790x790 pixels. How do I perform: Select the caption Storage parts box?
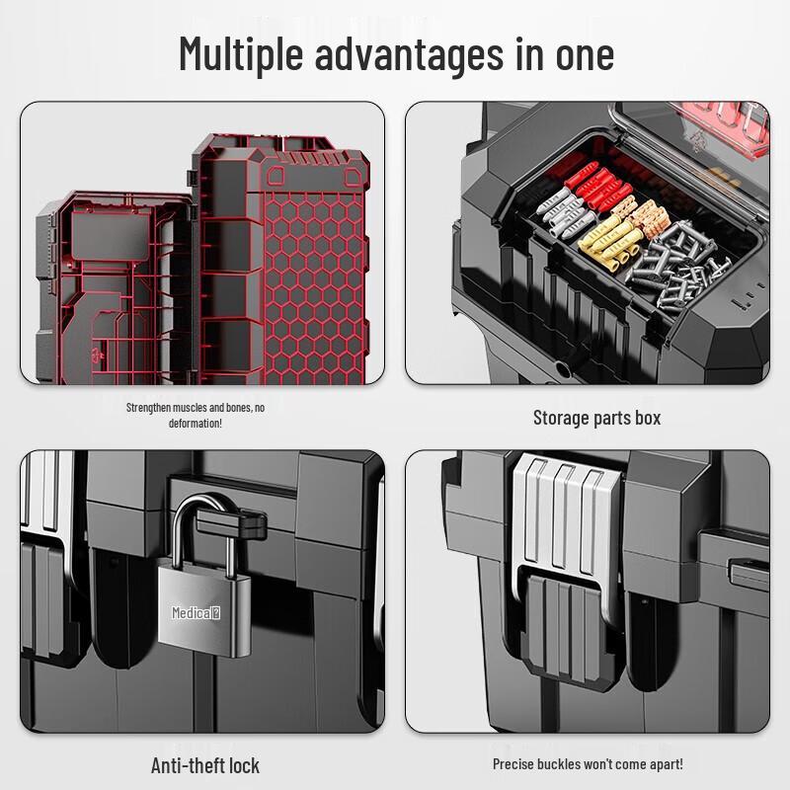tap(596, 418)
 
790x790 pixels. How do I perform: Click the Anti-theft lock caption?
tap(205, 765)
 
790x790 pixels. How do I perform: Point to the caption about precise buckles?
tap(588, 764)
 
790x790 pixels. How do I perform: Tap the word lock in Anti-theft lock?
tap(243, 765)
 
